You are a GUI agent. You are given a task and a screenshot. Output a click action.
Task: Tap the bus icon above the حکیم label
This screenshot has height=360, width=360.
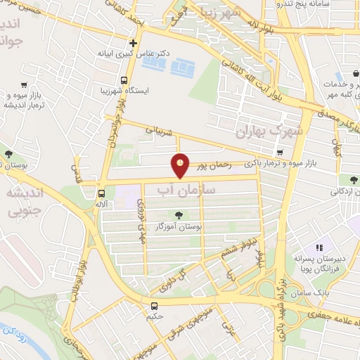point(154,305)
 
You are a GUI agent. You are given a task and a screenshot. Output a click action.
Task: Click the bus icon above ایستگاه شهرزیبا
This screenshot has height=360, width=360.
point(124,80)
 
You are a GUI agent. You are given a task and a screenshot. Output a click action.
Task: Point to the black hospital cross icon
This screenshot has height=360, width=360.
point(133,43)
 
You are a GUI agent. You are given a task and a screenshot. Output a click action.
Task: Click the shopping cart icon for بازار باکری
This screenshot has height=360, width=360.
point(281,153)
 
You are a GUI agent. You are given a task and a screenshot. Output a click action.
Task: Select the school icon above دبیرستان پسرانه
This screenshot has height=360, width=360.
point(319,247)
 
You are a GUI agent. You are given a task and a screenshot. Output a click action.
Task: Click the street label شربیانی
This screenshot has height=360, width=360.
point(159,129)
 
